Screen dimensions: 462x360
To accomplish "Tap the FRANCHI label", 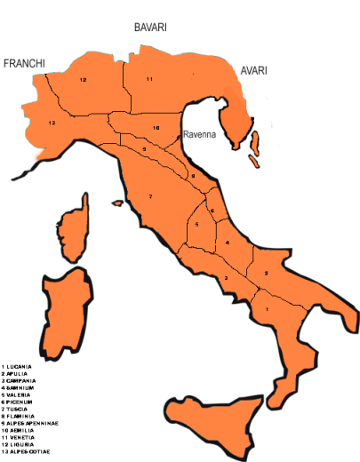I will tap(24, 63).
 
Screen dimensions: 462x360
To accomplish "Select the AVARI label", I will tap(252, 71).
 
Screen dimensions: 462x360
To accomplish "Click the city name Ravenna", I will tap(197, 136).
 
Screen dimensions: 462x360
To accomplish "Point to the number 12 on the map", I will tap(82, 80).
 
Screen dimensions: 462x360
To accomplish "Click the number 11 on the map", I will tap(150, 80).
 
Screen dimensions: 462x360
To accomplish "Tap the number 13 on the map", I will tap(52, 122).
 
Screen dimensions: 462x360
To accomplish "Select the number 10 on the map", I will tap(156, 128).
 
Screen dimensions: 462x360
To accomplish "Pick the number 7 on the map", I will tap(151, 195).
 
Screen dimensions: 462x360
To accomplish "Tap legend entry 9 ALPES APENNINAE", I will tap(31, 424).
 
